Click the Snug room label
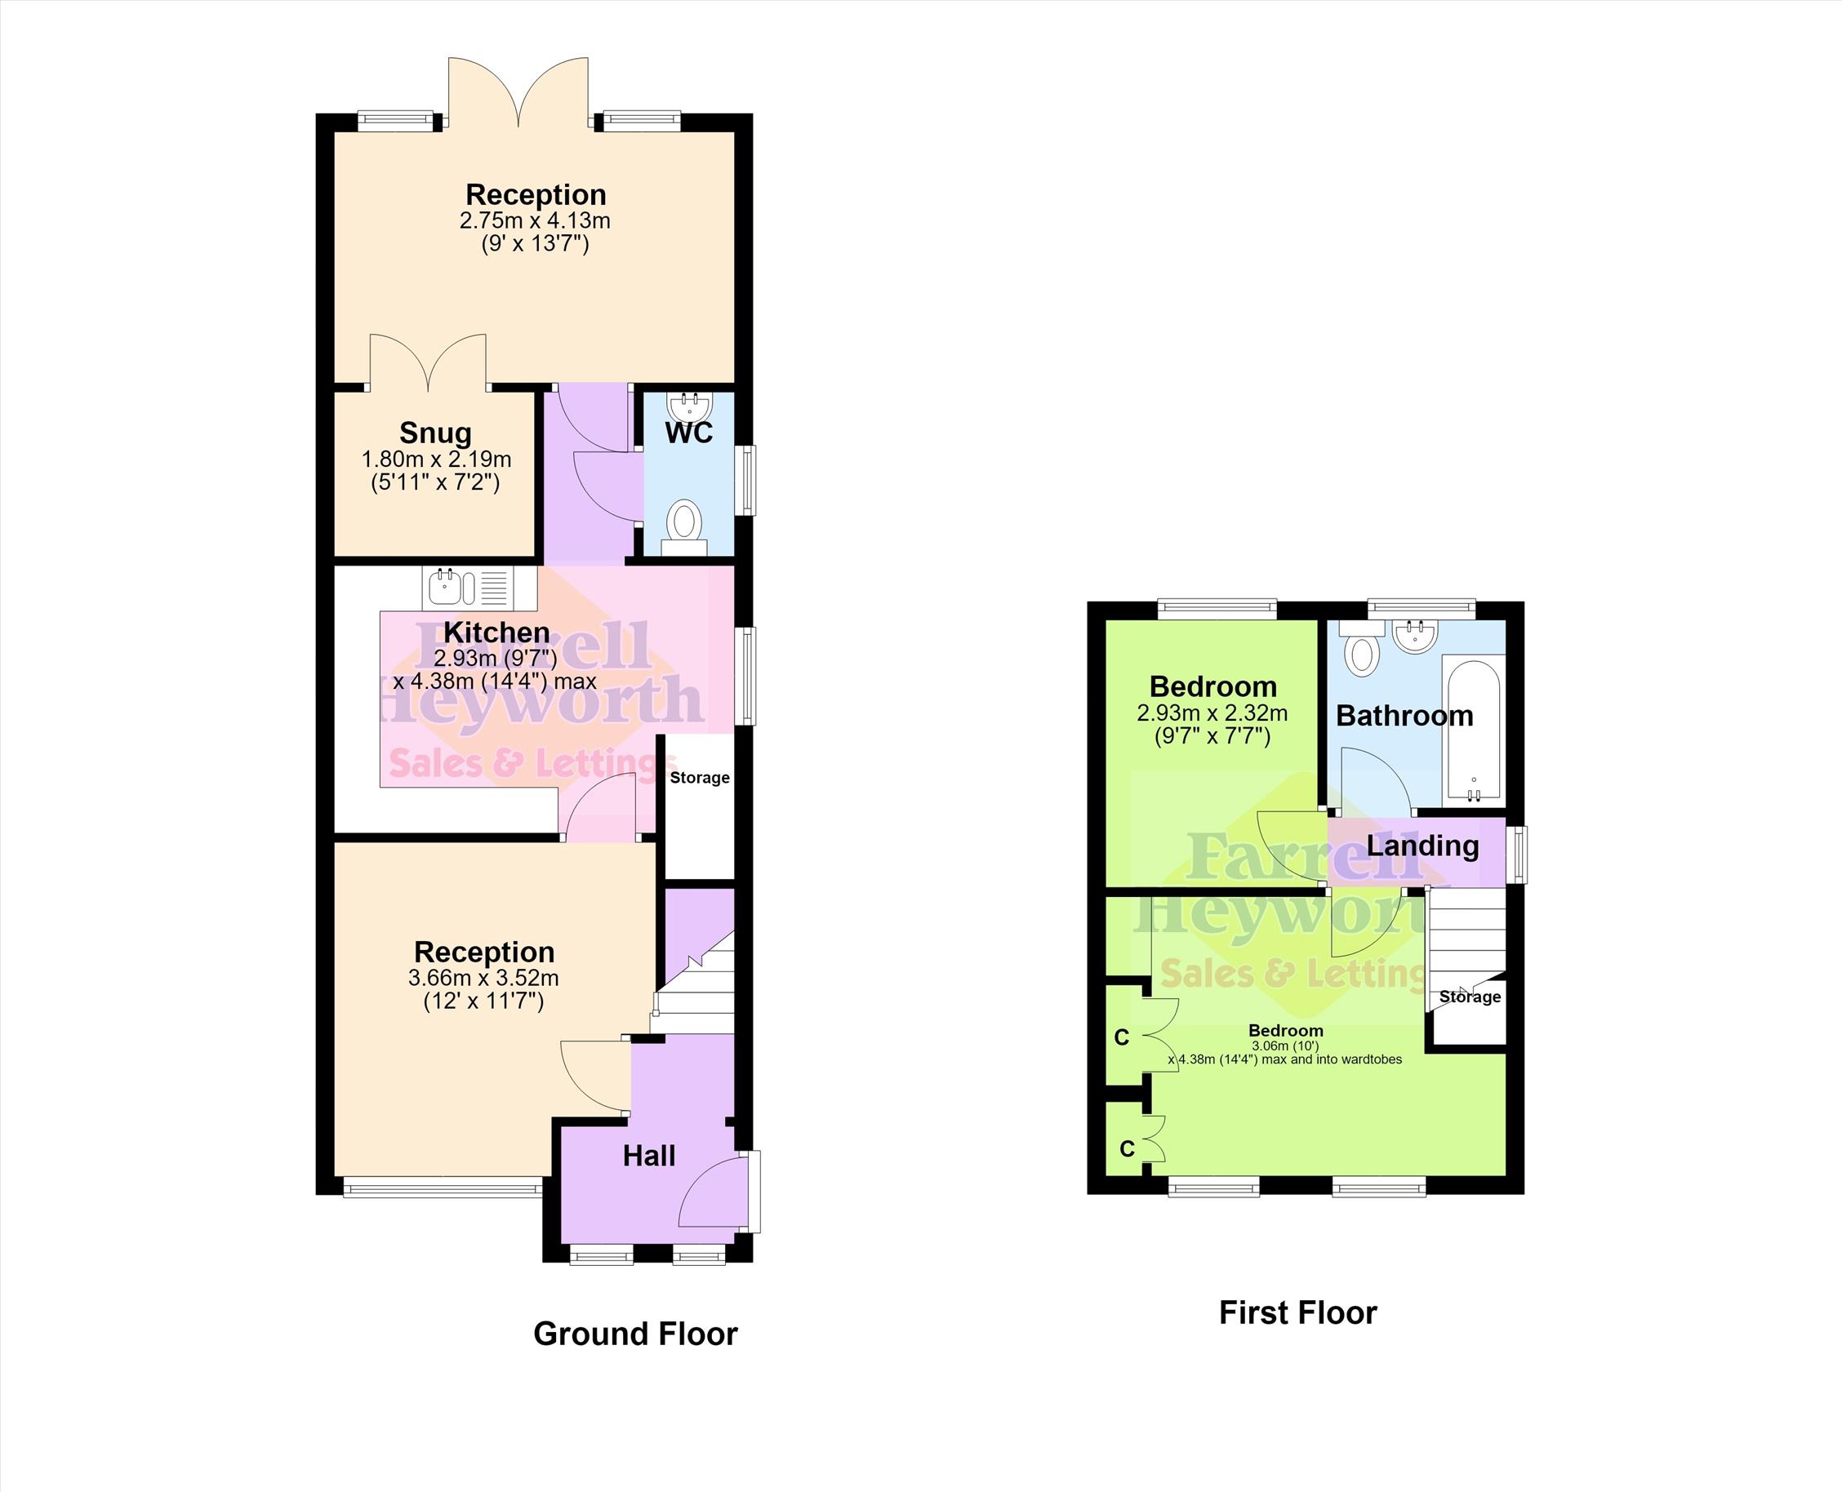pyautogui.click(x=435, y=433)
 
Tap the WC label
pyautogui.click(x=688, y=433)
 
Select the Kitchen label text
pyautogui.click(x=496, y=633)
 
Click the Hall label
pyautogui.click(x=649, y=1157)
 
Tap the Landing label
pyautogui.click(x=1422, y=846)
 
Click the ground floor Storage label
pyautogui.click(x=700, y=778)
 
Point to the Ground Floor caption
pyautogui.click(x=635, y=1334)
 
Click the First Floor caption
pyautogui.click(x=1298, y=1312)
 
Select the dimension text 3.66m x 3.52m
pyautogui.click(x=483, y=978)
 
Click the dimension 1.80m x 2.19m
pyautogui.click(x=436, y=459)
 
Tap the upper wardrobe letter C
pyautogui.click(x=1122, y=1038)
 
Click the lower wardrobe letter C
pyautogui.click(x=1128, y=1148)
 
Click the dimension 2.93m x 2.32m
pyautogui.click(x=1212, y=713)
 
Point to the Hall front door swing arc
pyautogui.click(x=705, y=1178)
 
